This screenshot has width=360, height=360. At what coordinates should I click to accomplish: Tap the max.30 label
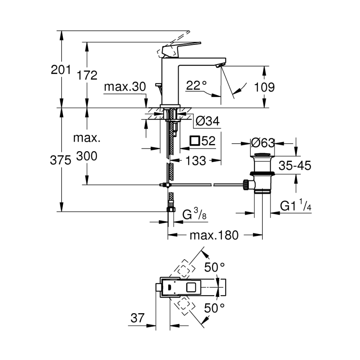[x=124, y=87]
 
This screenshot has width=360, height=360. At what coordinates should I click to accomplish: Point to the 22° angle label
[x=197, y=85]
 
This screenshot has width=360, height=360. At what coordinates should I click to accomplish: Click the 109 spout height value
[x=264, y=87]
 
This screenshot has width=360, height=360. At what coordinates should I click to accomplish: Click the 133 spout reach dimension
[x=196, y=160]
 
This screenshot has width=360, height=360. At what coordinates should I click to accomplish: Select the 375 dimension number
[x=60, y=160]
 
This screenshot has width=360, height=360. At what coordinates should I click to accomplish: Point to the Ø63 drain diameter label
[x=262, y=142]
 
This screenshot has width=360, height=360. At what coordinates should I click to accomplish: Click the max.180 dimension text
[x=214, y=235]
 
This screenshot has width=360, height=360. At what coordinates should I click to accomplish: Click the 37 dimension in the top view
[x=137, y=318]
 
